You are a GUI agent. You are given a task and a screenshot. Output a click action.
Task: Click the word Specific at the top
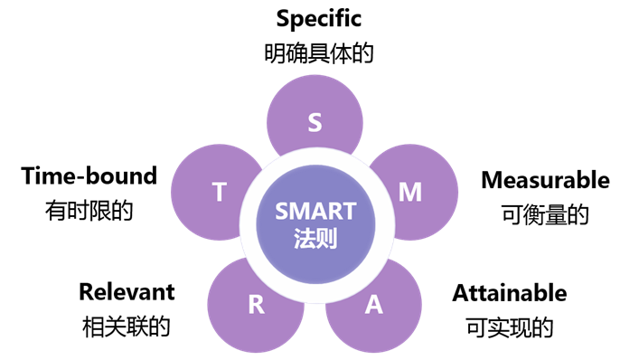(x=318, y=18)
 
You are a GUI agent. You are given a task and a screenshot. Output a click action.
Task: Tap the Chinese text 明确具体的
(x=318, y=52)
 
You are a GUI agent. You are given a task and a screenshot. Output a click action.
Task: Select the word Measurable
(x=545, y=180)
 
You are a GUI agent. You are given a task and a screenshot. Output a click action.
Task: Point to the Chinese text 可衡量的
(x=545, y=214)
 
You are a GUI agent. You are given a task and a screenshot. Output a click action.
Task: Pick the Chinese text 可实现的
(x=510, y=327)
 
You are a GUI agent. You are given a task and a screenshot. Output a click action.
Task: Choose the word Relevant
(x=127, y=291)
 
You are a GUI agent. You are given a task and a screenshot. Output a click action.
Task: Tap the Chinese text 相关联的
(x=127, y=326)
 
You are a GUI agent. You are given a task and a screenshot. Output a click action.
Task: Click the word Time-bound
(x=89, y=175)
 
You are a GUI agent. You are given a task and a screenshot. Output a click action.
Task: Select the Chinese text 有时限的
(x=89, y=211)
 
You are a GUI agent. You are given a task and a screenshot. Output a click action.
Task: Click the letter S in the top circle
(x=315, y=122)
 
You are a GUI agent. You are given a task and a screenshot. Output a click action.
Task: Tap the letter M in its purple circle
(x=410, y=192)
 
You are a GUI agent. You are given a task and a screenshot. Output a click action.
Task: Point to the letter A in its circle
(x=373, y=304)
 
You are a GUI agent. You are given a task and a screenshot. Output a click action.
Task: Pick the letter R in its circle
(x=257, y=304)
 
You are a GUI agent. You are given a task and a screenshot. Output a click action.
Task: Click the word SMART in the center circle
(x=315, y=213)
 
